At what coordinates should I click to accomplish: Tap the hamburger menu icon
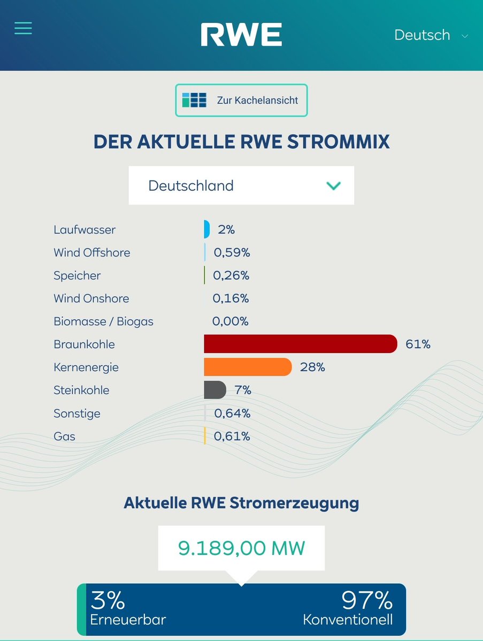click(x=23, y=28)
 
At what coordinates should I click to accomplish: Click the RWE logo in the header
click(x=241, y=35)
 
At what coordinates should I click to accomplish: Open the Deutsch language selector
click(x=431, y=35)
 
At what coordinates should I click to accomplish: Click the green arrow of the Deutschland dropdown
click(x=334, y=185)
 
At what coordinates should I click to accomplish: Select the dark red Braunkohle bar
click(x=300, y=344)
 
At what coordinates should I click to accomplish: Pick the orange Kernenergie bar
click(x=248, y=367)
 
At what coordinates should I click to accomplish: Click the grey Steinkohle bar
click(x=215, y=390)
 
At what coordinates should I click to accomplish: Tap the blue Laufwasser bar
click(x=206, y=229)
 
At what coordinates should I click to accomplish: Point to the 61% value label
click(x=418, y=344)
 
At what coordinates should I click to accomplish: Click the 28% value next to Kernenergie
click(x=312, y=367)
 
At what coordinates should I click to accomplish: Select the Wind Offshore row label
click(x=91, y=253)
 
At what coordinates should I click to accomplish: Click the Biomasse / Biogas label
click(x=103, y=322)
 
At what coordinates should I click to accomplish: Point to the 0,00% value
click(x=231, y=322)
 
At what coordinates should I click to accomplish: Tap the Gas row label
click(x=64, y=436)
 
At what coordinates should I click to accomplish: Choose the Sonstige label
click(x=76, y=413)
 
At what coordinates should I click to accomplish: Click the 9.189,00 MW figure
click(x=241, y=548)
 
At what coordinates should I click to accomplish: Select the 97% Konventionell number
click(x=367, y=601)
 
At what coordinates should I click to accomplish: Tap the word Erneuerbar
click(x=128, y=620)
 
